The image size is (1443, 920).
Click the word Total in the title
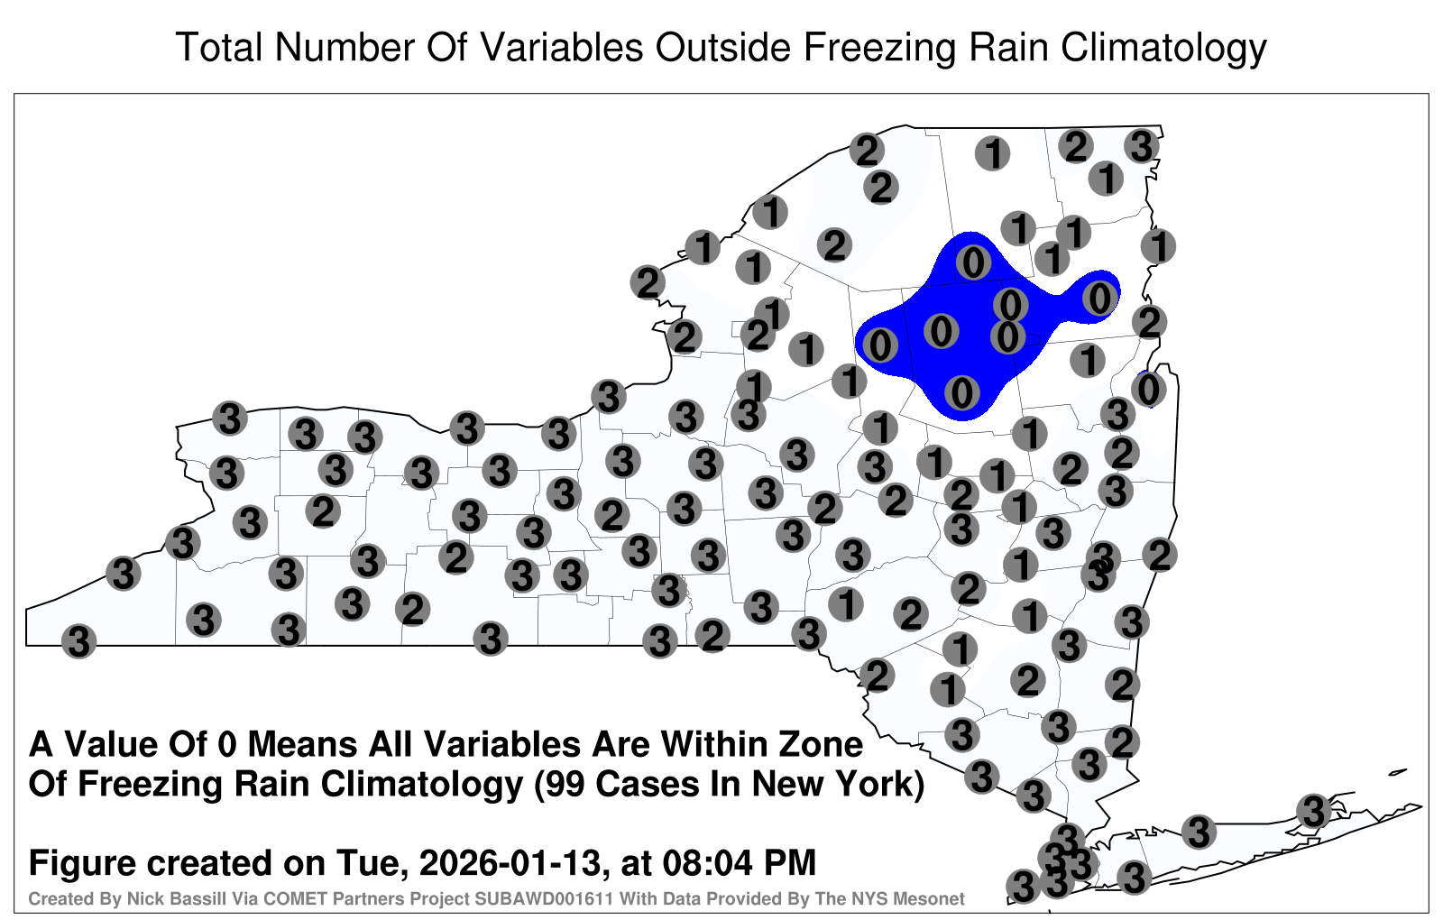[x=219, y=47]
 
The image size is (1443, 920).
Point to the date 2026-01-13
[x=510, y=862]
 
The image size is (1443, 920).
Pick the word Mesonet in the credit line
[x=924, y=898]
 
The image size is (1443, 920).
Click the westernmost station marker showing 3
[x=78, y=641]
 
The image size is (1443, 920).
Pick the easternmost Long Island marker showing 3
[x=1313, y=811]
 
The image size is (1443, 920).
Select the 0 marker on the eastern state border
[x=1148, y=390]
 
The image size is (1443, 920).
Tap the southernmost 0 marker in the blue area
[x=961, y=392]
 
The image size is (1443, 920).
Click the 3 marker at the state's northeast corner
[x=1142, y=146]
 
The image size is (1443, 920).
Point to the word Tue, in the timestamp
[x=372, y=862]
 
